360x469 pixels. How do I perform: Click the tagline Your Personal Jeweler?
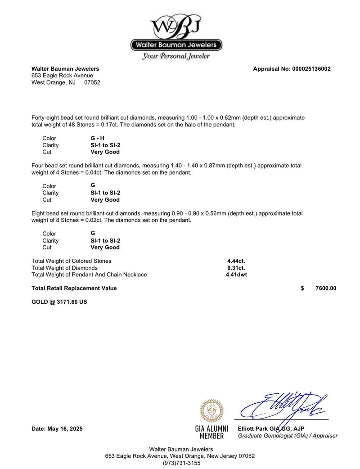click(x=176, y=56)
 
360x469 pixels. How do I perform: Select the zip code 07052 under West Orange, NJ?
click(x=92, y=82)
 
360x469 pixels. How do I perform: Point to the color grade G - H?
click(x=97, y=138)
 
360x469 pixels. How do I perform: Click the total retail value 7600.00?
click(x=326, y=288)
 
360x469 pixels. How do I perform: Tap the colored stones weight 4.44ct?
click(x=236, y=261)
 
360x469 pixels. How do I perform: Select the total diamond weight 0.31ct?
click(x=236, y=268)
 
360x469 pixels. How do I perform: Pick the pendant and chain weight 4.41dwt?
click(x=236, y=275)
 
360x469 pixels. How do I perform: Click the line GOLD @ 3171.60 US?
click(x=59, y=302)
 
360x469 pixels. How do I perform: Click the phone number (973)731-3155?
click(x=180, y=463)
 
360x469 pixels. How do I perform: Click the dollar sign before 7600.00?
click(x=302, y=288)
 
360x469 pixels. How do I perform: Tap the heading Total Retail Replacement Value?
click(x=74, y=288)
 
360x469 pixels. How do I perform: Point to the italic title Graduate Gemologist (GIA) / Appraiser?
click(x=288, y=436)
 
